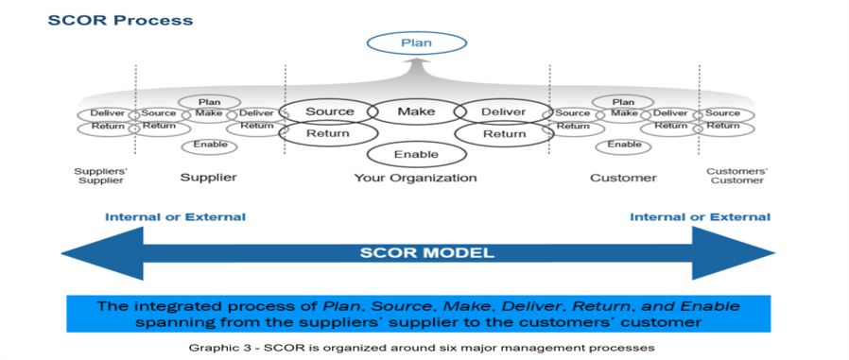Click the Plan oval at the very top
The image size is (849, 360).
[x=416, y=43]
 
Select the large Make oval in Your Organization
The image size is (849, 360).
[x=416, y=111]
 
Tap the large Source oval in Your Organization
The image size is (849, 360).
[x=329, y=111]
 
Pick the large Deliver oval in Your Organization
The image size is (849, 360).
[x=503, y=111]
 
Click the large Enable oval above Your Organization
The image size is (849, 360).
[x=416, y=153]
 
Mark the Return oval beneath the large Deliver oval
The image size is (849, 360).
[x=504, y=134]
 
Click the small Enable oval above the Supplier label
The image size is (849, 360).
[x=209, y=145]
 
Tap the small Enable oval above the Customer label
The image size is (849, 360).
[x=623, y=145]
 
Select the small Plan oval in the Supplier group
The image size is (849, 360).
[x=209, y=102]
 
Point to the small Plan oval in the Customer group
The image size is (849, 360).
[x=623, y=102]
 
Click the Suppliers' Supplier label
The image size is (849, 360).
[x=99, y=176]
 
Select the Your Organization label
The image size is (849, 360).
[x=415, y=178]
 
